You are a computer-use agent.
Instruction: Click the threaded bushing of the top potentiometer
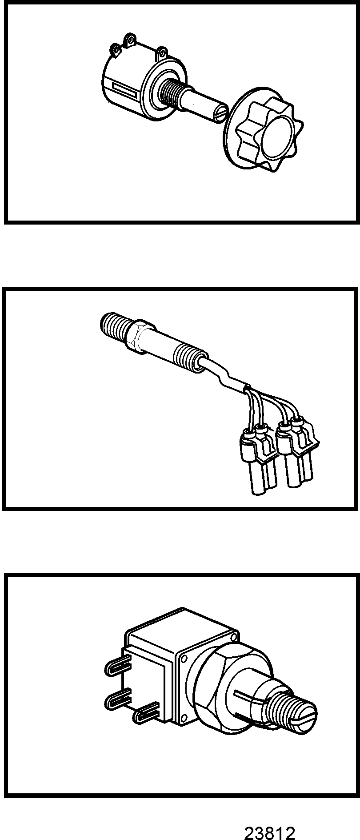(171, 93)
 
